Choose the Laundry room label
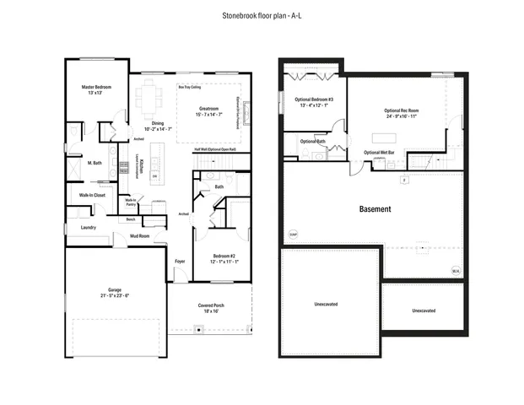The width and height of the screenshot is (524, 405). pyautogui.click(x=88, y=227)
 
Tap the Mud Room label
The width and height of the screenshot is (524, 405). pyautogui.click(x=139, y=235)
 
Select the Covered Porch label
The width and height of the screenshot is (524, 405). pyautogui.click(x=212, y=308)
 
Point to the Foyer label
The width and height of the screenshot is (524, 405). pyautogui.click(x=180, y=262)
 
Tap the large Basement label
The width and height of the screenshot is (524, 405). pyautogui.click(x=374, y=208)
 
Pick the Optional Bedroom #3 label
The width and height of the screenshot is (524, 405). pyautogui.click(x=314, y=102)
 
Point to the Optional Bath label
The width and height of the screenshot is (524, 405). pyautogui.click(x=313, y=141)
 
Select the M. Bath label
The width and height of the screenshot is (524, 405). pyautogui.click(x=95, y=163)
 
